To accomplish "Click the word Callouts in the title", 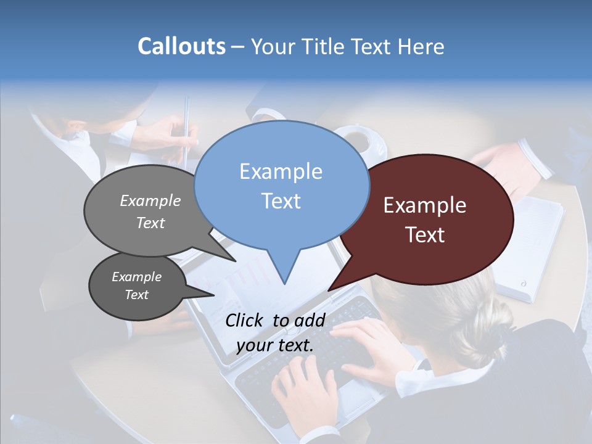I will [181, 46].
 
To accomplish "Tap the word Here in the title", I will [421, 46].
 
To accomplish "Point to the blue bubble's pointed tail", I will [284, 271].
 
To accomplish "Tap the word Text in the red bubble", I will [425, 235].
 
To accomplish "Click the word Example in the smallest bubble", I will [136, 277].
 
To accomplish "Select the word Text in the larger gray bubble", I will [150, 223].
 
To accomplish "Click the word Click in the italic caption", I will [244, 320].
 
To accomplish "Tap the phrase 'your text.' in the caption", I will [275, 345].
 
